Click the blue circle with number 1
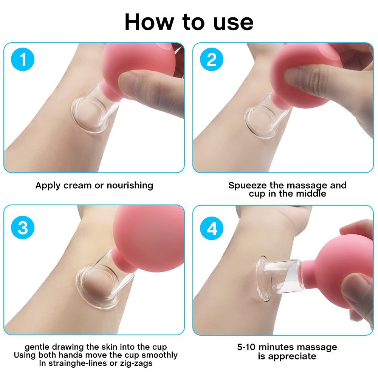tap(23, 60)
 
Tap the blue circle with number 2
tap(212, 60)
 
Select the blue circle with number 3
tap(23, 228)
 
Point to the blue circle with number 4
tap(212, 228)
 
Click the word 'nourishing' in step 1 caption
tap(130, 186)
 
